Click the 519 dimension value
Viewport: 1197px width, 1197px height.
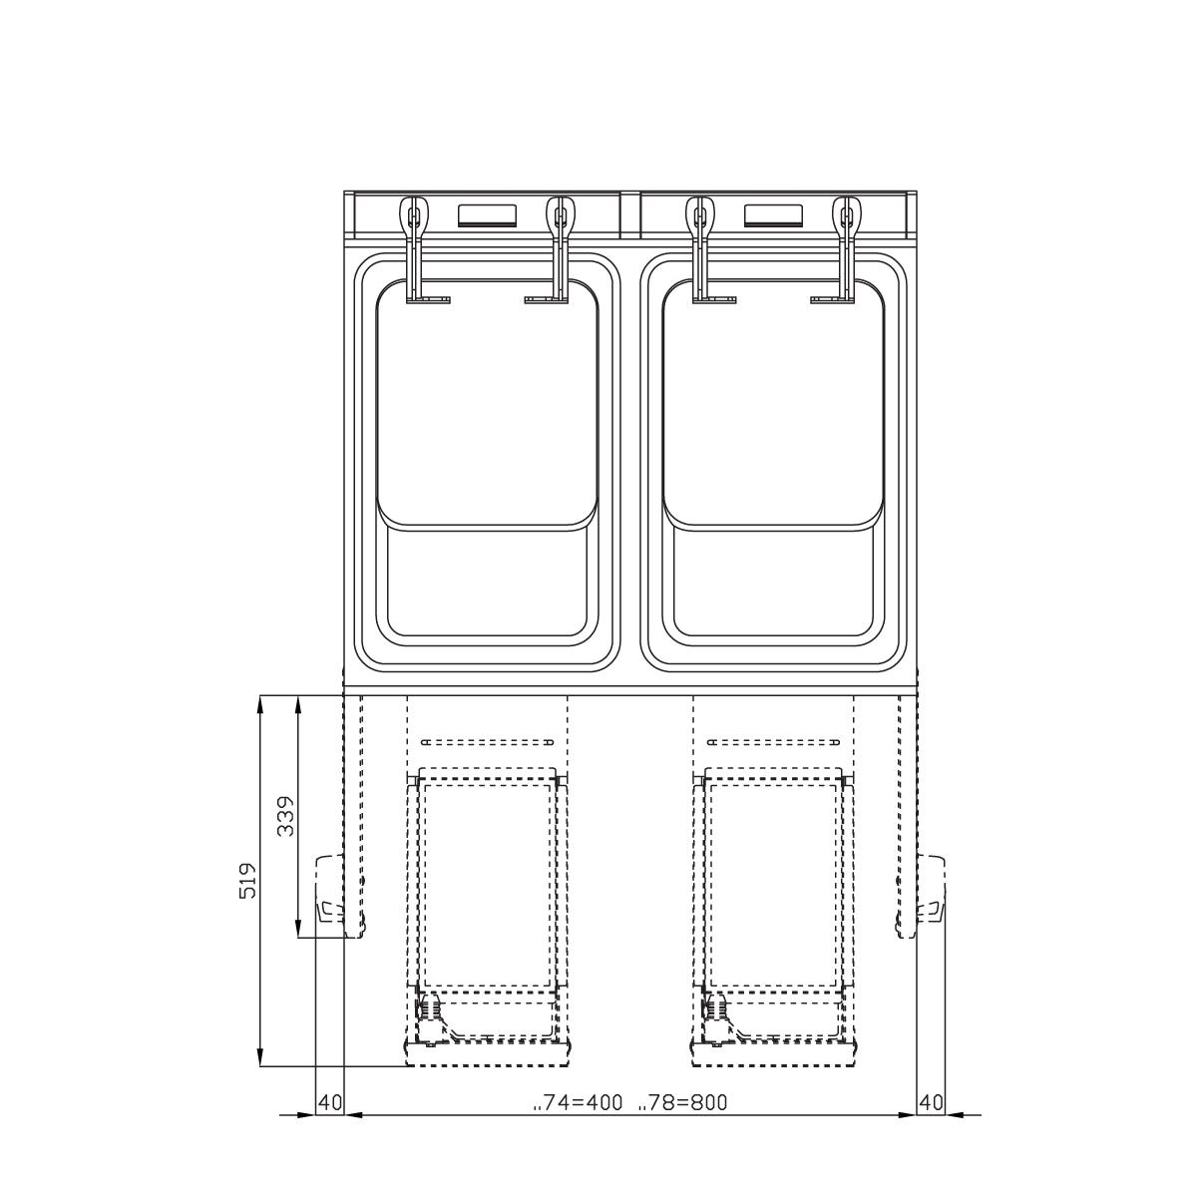pos(247,880)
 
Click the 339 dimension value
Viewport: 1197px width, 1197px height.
pos(285,816)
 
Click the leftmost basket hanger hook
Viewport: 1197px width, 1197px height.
pos(414,248)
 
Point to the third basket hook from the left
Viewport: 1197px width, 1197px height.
pos(701,248)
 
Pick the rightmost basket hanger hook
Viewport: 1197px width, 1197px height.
pos(846,248)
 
